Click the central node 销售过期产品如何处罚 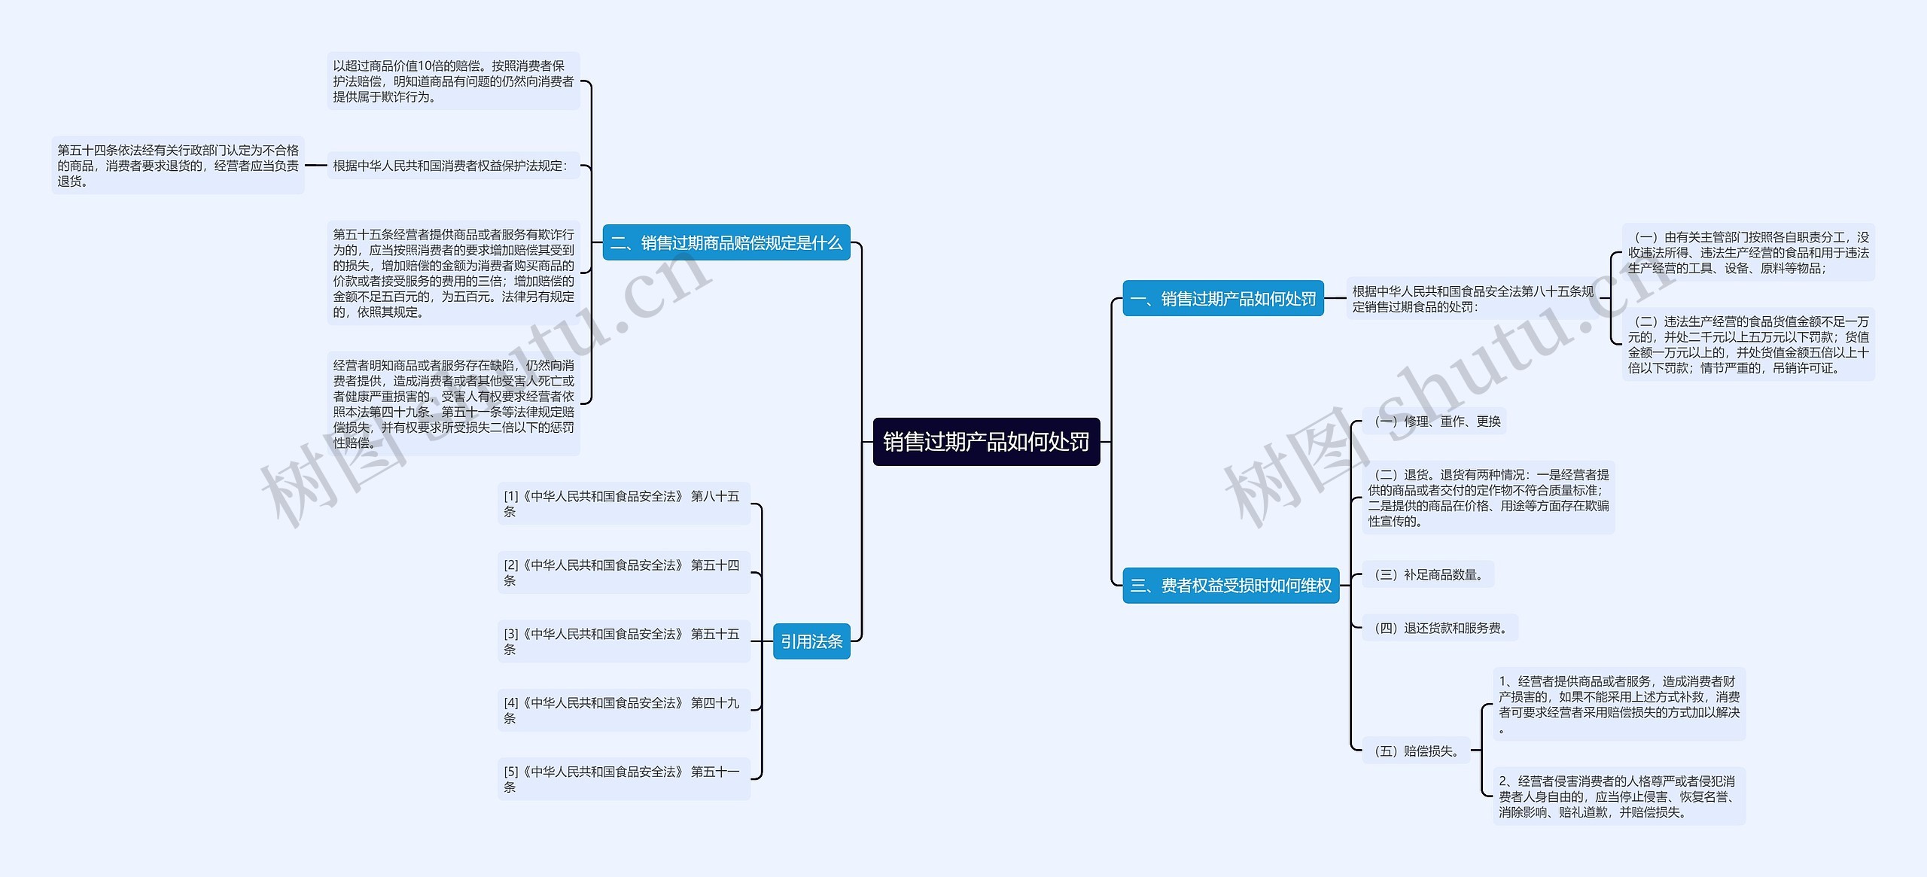coord(986,442)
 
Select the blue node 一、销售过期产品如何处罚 coord(1222,299)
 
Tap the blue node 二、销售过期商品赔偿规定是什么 coord(726,243)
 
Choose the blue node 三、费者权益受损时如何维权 coord(1231,586)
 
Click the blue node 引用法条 coord(811,641)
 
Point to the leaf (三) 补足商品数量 coord(1428,575)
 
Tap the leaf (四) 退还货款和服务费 coord(1440,628)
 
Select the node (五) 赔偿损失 coord(1416,751)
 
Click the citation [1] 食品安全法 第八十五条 coord(623,504)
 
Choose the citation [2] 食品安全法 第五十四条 coord(623,573)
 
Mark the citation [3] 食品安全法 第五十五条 coord(623,641)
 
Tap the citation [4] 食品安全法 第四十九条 coord(623,710)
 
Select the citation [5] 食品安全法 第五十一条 coord(623,779)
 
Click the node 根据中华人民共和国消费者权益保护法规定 coord(452,166)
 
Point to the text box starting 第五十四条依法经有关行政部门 coord(178,166)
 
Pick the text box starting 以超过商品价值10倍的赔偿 coord(453,81)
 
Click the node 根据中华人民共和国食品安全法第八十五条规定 coord(1472,299)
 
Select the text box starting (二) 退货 coord(1487,498)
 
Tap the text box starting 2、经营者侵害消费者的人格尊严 coord(1618,796)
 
